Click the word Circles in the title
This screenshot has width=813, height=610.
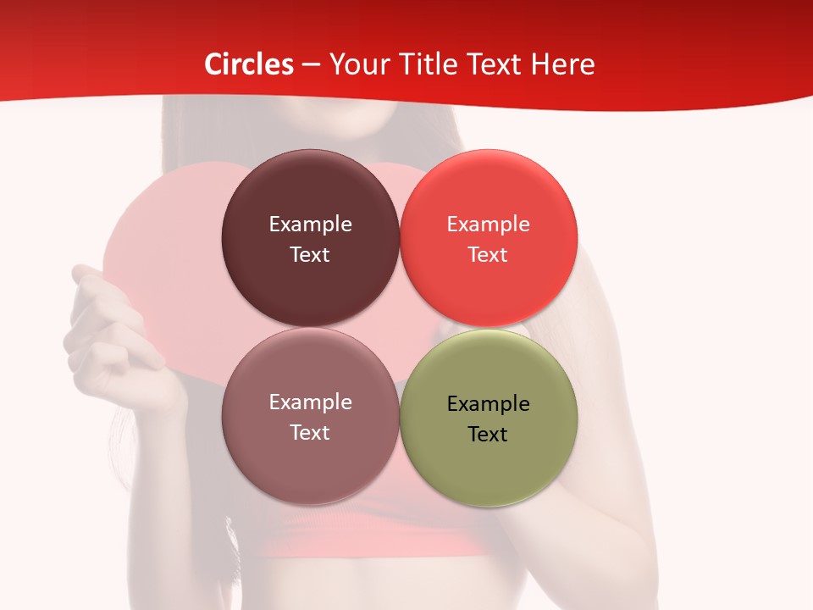pyautogui.click(x=249, y=64)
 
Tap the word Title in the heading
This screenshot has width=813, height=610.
pyautogui.click(x=429, y=64)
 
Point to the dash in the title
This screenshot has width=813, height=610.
pyautogui.click(x=311, y=65)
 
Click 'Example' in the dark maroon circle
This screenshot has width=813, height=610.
pyautogui.click(x=310, y=224)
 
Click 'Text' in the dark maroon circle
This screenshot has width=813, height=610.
pyautogui.click(x=310, y=254)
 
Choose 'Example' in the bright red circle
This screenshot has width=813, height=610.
pyautogui.click(x=488, y=224)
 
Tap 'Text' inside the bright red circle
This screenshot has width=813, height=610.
pyautogui.click(x=488, y=254)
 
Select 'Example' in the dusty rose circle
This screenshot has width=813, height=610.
pyautogui.click(x=310, y=402)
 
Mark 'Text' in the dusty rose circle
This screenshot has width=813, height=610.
pyautogui.click(x=310, y=432)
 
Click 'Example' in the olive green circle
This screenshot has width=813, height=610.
pyautogui.click(x=488, y=403)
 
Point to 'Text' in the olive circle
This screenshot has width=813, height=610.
pyautogui.click(x=488, y=434)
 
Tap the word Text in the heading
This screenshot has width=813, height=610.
pyautogui.click(x=495, y=64)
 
